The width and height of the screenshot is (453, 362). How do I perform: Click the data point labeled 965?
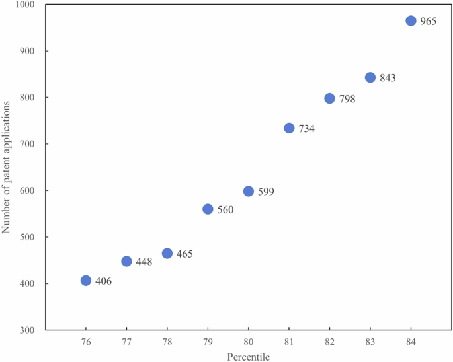point(411,21)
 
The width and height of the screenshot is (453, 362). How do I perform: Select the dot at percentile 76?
point(86,281)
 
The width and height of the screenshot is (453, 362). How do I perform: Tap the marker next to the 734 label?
point(289,128)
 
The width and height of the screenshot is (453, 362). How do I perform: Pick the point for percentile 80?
point(249,192)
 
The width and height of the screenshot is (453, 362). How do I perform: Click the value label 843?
point(388,78)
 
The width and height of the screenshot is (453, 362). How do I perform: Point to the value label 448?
point(144,262)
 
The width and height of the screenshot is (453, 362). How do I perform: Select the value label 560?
point(226,210)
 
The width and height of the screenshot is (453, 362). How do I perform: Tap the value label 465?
point(185,254)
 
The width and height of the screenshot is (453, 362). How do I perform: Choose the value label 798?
point(347,99)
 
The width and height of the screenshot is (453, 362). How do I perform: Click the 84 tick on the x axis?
point(411,341)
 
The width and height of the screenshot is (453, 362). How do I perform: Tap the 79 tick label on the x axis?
point(208,341)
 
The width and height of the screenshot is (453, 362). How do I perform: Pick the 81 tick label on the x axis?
point(289,341)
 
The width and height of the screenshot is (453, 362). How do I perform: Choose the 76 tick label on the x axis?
point(86,341)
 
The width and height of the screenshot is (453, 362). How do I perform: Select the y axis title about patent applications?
point(7,166)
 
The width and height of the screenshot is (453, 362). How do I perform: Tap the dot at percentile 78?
point(167,254)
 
